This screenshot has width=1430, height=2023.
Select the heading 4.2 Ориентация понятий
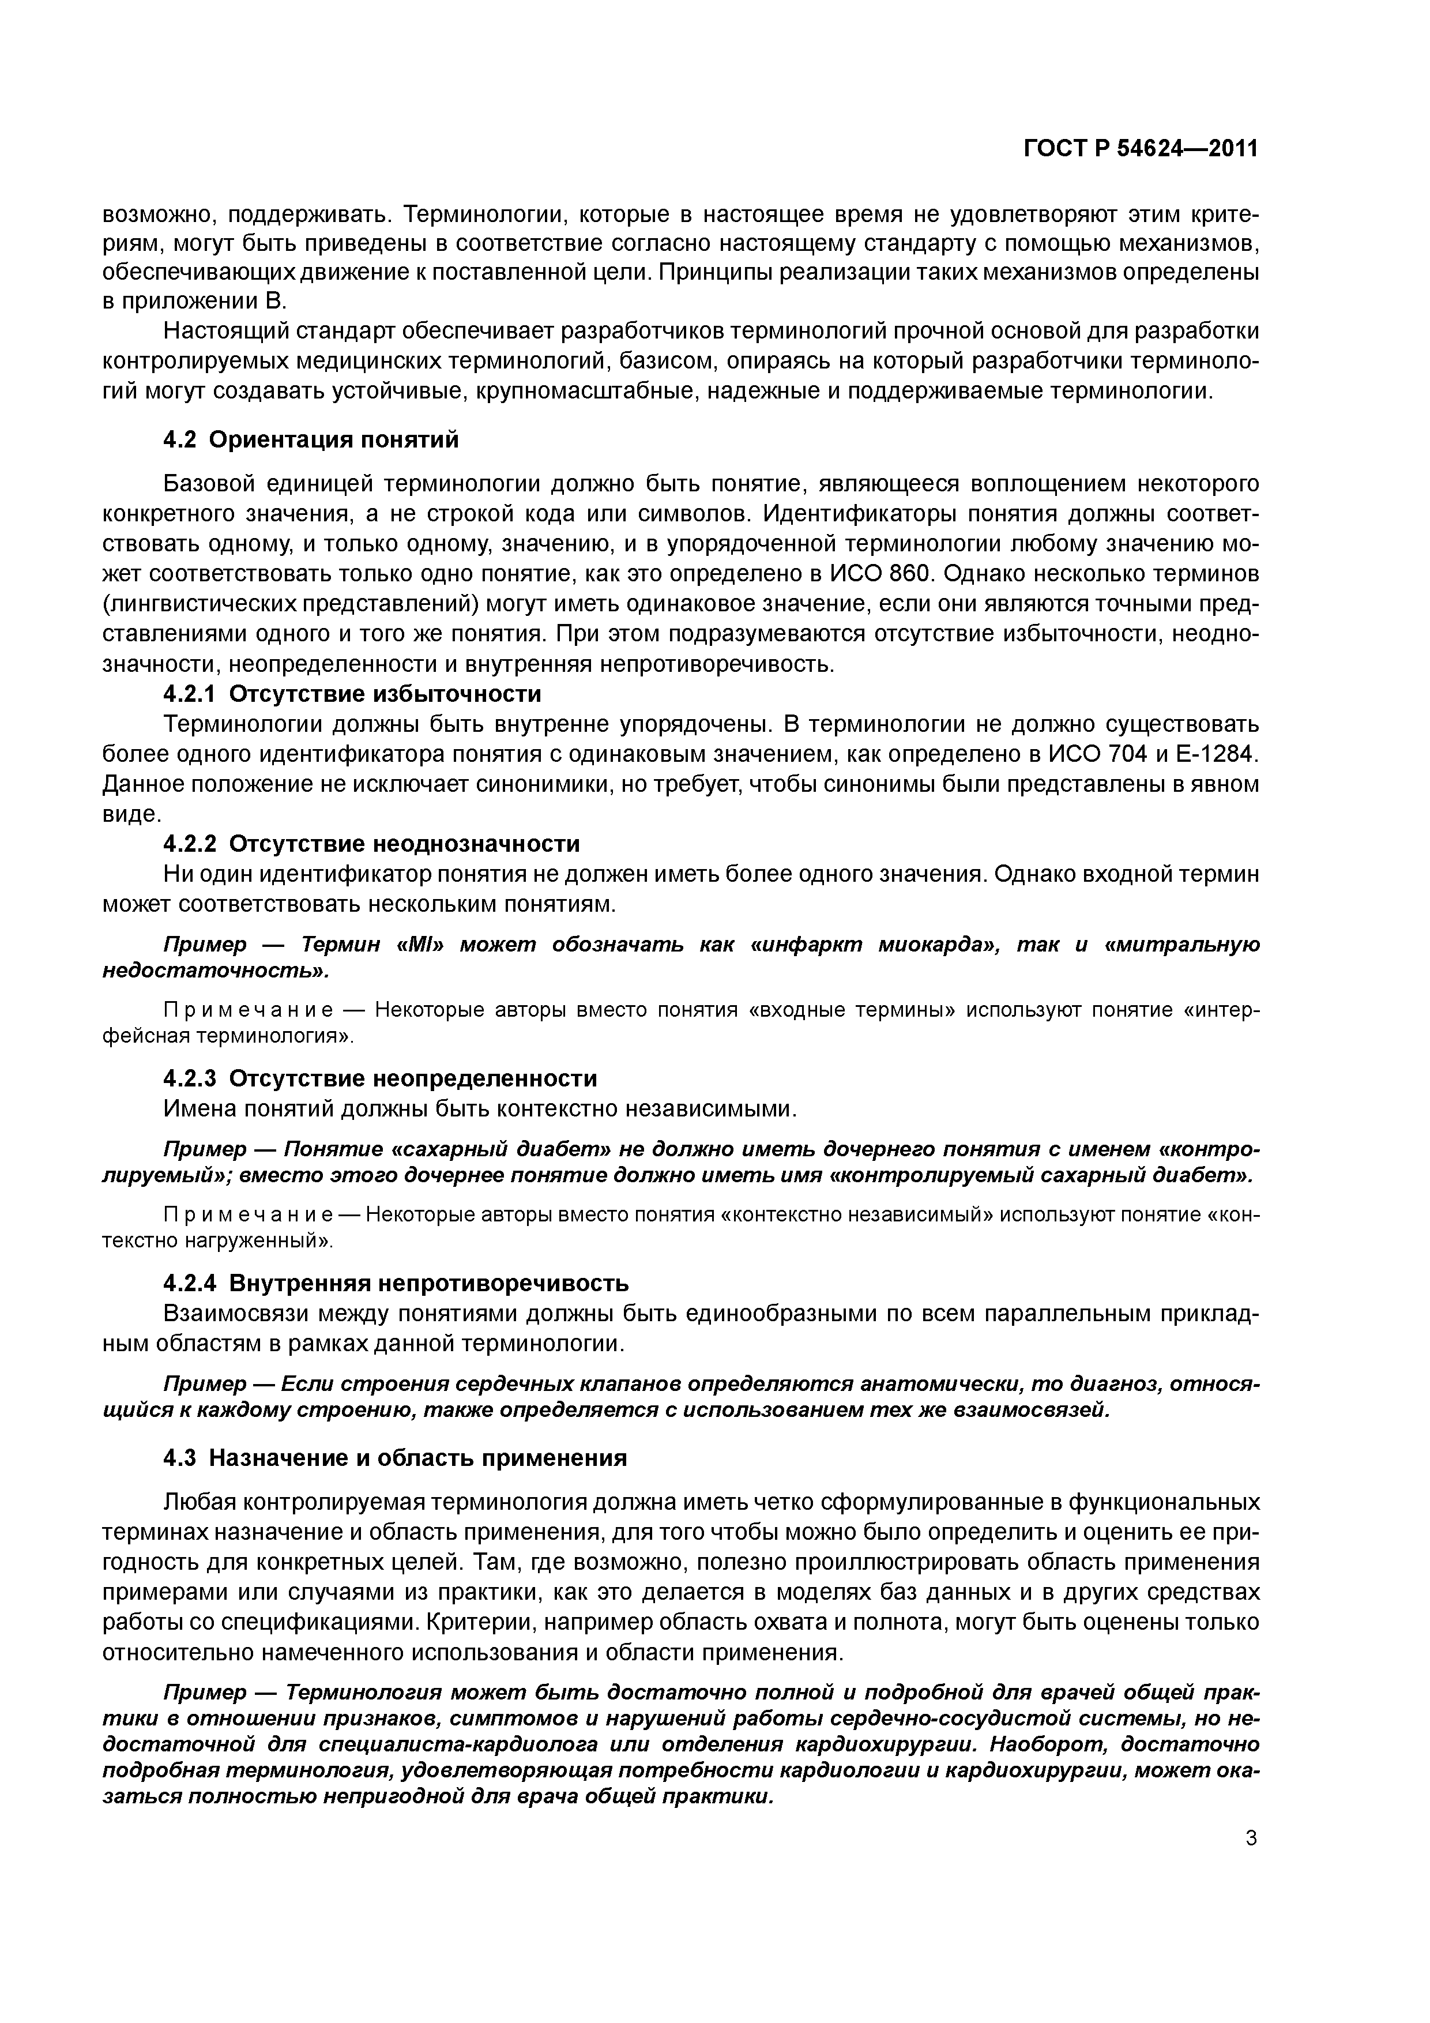pos(311,439)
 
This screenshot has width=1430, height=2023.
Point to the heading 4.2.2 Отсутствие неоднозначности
pos(372,844)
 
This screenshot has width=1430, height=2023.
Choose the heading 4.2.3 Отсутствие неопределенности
pos(381,1078)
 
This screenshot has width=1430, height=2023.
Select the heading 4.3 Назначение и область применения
pos(396,1458)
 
